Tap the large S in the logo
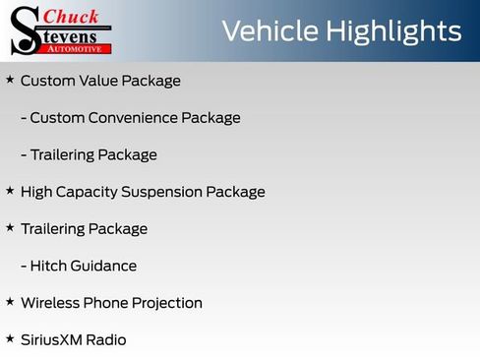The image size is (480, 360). tap(23, 30)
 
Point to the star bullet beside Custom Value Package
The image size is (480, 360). tap(10, 79)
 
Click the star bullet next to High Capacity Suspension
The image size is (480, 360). tap(10, 190)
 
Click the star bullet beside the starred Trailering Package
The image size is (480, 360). tap(10, 227)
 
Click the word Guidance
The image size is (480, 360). tap(105, 266)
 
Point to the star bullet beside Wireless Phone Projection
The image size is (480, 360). tap(10, 301)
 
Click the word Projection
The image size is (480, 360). tap(167, 303)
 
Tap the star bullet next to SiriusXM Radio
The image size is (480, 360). tap(10, 338)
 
